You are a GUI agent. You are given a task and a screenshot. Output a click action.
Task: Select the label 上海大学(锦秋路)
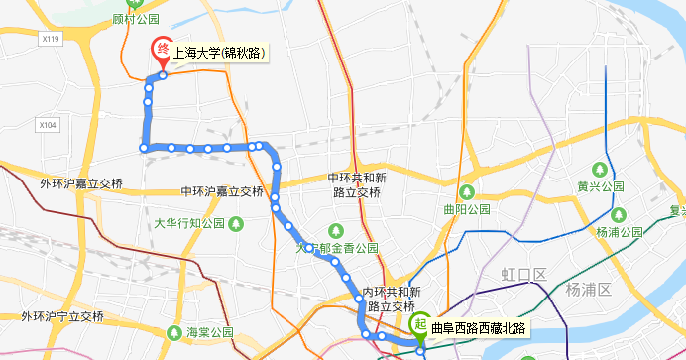218,53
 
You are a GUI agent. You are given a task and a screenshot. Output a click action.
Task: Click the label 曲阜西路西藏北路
479,328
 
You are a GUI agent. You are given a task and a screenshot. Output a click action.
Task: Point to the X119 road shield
52,38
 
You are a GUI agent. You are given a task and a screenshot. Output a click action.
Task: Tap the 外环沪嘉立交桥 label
81,184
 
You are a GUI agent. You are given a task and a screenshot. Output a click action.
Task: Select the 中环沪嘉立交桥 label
223,191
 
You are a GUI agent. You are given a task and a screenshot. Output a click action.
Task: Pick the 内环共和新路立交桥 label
393,300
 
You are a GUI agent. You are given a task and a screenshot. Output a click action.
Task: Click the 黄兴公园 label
600,185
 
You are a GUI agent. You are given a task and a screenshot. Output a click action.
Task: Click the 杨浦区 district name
591,289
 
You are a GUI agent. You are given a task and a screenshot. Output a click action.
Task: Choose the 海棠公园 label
208,331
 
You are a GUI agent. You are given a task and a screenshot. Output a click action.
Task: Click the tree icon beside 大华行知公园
237,224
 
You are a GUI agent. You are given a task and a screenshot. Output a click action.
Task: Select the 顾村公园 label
136,18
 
